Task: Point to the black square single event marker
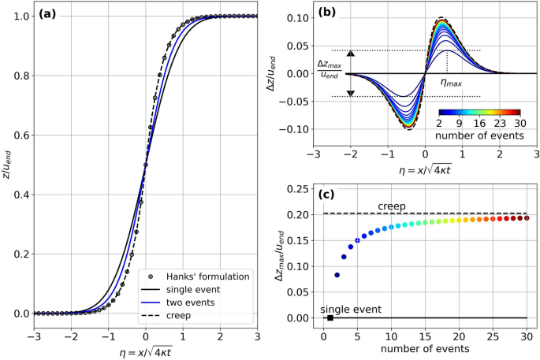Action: tap(330, 317)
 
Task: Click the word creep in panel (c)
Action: tap(393, 206)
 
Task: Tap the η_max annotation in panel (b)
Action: tap(450, 81)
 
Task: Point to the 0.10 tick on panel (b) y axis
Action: tap(299, 17)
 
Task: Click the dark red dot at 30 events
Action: tap(527, 217)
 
